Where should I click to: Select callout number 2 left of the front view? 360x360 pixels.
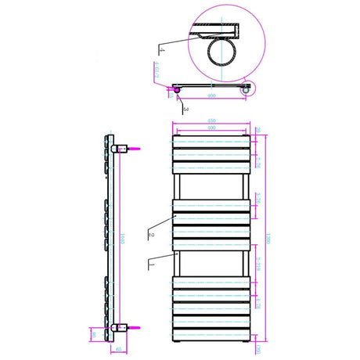149,232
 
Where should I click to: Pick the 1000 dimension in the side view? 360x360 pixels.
123,238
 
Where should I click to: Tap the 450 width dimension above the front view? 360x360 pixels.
211,121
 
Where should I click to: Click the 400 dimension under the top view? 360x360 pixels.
212,95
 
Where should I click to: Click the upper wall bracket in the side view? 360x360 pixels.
119,147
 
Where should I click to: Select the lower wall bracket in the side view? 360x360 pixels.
119,327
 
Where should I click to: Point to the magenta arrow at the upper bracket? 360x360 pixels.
135,146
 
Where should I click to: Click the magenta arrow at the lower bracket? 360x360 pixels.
135,327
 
